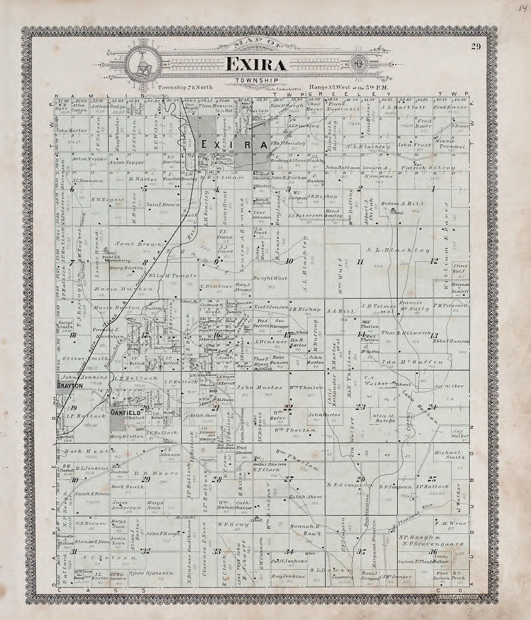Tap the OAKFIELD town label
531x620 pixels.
pyautogui.click(x=126, y=413)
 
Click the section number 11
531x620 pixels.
pyautogui.click(x=360, y=262)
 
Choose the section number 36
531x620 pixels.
pyautogui.click(x=433, y=552)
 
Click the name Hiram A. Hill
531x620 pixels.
pyautogui.click(x=403, y=204)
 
